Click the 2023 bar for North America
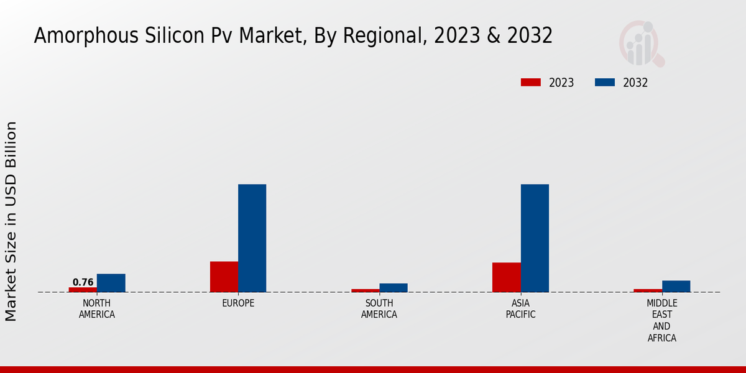click(x=83, y=289)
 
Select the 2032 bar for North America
click(x=111, y=283)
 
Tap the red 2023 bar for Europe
click(x=224, y=277)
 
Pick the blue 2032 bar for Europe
click(x=252, y=238)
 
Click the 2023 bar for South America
click(x=365, y=290)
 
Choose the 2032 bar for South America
click(x=394, y=288)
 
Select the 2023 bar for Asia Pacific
click(x=506, y=277)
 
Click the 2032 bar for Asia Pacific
click(x=535, y=238)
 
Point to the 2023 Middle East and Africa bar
click(x=647, y=290)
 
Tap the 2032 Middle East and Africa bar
click(x=676, y=286)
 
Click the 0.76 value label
click(x=83, y=282)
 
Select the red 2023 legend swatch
click(x=531, y=83)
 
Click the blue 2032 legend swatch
click(x=605, y=83)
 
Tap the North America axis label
click(x=96, y=309)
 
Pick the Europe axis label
click(x=238, y=303)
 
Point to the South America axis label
click(x=379, y=309)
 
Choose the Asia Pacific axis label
click(x=520, y=309)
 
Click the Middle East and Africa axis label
click(x=661, y=321)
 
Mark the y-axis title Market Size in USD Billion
click(x=11, y=221)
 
